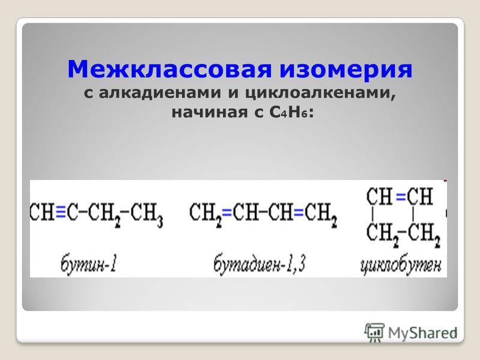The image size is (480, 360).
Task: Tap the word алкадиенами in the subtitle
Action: click(x=160, y=93)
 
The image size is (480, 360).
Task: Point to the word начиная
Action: click(x=209, y=113)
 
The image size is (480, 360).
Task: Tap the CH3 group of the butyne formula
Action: click(x=146, y=214)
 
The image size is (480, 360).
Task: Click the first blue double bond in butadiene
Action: click(x=227, y=212)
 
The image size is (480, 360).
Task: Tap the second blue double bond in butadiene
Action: click(x=299, y=212)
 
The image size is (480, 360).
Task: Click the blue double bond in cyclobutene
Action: click(x=401, y=197)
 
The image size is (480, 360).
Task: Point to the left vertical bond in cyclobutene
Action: click(x=373, y=214)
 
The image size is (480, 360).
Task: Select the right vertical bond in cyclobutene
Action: click(x=413, y=214)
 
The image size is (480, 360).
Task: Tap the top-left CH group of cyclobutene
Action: click(x=379, y=196)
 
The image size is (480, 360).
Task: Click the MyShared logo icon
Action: click(x=374, y=332)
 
